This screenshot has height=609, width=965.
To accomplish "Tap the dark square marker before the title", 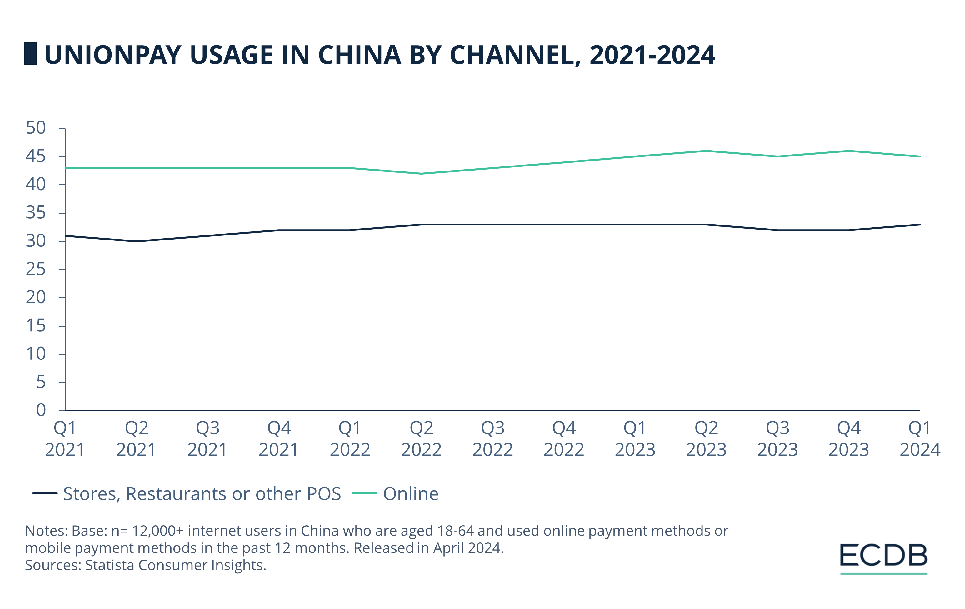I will [30, 54].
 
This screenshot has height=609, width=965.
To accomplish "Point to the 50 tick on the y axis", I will [36, 128].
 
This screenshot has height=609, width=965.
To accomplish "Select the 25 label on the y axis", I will [36, 270].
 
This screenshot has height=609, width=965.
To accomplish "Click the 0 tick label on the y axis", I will [41, 410].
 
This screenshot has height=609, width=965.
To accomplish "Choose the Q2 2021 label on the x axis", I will [136, 439].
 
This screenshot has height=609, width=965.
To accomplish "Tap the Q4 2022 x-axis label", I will [564, 439].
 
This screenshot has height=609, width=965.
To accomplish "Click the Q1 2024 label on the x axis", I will [920, 439].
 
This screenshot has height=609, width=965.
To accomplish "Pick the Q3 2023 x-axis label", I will [777, 439].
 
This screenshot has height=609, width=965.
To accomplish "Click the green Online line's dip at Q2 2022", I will [421, 174].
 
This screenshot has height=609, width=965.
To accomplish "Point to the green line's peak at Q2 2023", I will [706, 151].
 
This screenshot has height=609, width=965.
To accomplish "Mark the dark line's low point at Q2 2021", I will [136, 241].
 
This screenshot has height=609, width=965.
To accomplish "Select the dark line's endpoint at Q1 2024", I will [920, 225].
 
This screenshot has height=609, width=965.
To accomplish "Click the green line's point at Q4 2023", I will [849, 151].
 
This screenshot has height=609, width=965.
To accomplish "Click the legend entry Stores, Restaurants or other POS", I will [202, 494].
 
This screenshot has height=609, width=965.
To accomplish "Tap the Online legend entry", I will [410, 494].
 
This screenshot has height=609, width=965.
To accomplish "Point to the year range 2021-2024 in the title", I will [652, 55].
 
